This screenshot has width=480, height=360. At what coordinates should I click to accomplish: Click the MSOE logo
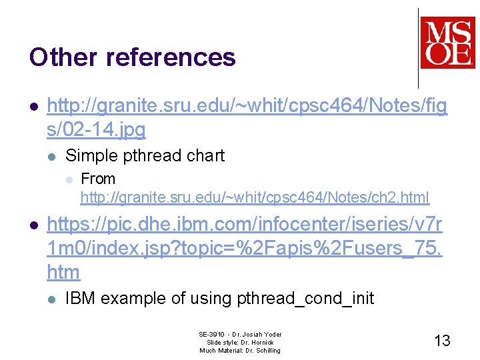(x=447, y=43)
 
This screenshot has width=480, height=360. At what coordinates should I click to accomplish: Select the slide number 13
(x=442, y=341)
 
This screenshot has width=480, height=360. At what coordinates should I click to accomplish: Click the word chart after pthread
(x=207, y=155)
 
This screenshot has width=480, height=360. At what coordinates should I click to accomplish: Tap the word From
(x=97, y=179)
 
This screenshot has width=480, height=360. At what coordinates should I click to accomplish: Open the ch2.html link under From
(x=255, y=197)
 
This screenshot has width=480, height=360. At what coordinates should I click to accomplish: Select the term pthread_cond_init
(x=305, y=298)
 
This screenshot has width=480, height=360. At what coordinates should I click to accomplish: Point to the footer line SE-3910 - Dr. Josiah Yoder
(x=240, y=334)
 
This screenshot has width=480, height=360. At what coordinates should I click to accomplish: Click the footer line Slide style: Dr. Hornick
(x=240, y=342)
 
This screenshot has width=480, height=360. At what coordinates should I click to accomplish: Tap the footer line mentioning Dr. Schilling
(x=240, y=350)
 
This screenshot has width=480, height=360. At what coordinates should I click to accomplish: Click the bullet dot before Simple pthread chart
(x=52, y=156)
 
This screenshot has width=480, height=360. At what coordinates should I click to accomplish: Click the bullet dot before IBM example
(x=52, y=299)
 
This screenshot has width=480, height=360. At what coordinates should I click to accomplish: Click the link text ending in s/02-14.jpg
(x=96, y=129)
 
